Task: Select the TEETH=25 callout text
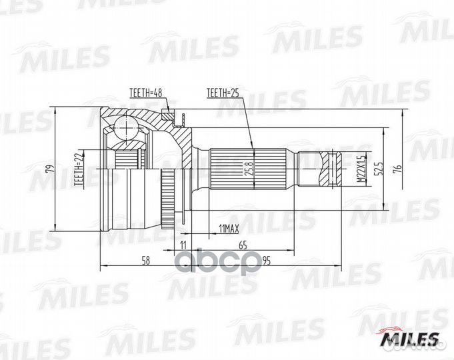[x=223, y=93]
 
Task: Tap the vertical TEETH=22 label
[x=78, y=167]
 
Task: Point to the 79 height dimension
[x=48, y=169]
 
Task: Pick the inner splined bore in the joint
[x=127, y=159]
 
